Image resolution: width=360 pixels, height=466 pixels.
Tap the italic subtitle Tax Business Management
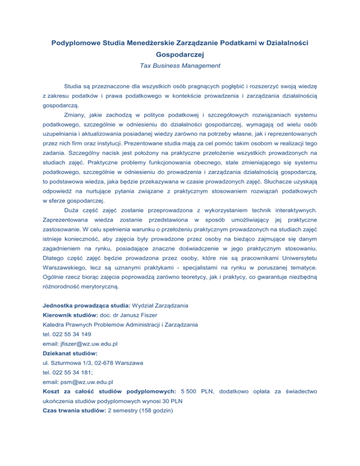[180, 66]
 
